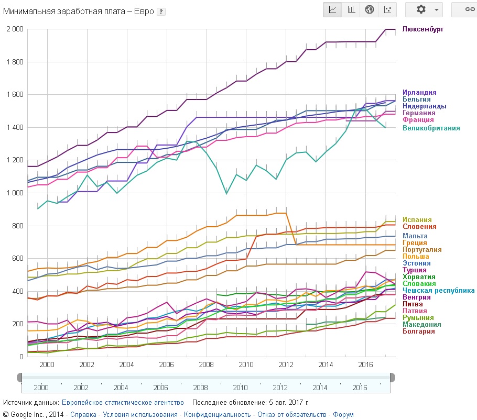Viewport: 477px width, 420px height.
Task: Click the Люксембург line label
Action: [422, 29]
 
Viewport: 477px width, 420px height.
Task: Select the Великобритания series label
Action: [431, 128]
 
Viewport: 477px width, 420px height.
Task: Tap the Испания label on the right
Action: [417, 220]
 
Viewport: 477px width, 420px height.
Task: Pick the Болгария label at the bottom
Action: [418, 331]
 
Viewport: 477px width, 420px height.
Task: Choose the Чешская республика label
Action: [438, 290]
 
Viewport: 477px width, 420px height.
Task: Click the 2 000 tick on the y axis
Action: [15, 29]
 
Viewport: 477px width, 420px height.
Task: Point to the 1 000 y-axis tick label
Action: [15, 193]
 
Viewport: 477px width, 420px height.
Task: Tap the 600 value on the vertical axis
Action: [17, 258]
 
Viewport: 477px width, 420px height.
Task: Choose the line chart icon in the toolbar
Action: [332, 9]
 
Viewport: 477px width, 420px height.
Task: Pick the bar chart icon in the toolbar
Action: [351, 9]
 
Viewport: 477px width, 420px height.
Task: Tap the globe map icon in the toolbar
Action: [369, 9]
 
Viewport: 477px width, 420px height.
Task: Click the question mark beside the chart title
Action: [161, 12]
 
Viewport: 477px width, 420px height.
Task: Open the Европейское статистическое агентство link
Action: [123, 403]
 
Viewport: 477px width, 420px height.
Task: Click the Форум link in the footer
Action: [343, 415]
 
